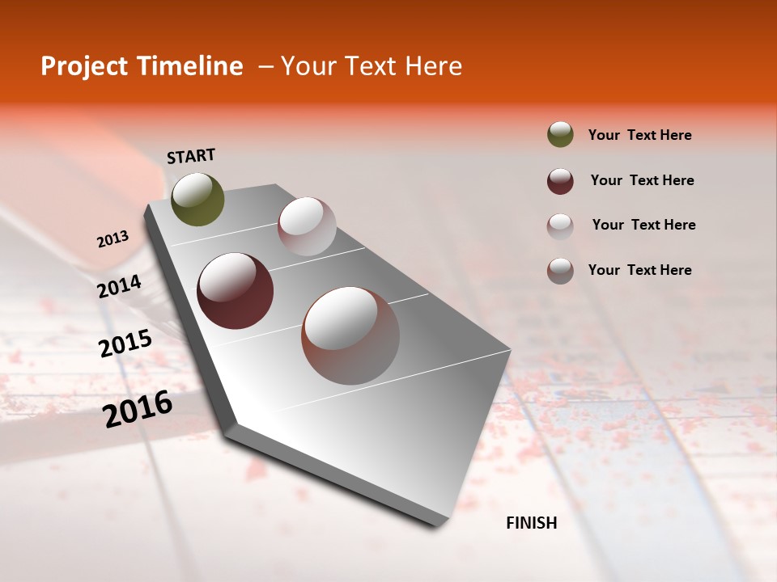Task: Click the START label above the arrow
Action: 191,156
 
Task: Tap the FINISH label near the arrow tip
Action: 531,523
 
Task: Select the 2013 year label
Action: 113,238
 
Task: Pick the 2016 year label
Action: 138,408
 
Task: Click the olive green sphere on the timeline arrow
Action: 197,200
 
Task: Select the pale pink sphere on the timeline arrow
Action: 307,226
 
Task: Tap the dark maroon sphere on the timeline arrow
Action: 235,291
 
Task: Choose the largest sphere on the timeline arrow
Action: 350,335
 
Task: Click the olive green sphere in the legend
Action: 560,134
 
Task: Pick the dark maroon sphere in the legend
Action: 560,181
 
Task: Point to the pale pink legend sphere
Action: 560,226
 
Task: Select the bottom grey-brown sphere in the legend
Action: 560,271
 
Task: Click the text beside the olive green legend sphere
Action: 639,135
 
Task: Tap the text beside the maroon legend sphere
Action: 642,180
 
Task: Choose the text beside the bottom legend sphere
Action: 639,270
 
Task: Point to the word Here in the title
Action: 433,66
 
